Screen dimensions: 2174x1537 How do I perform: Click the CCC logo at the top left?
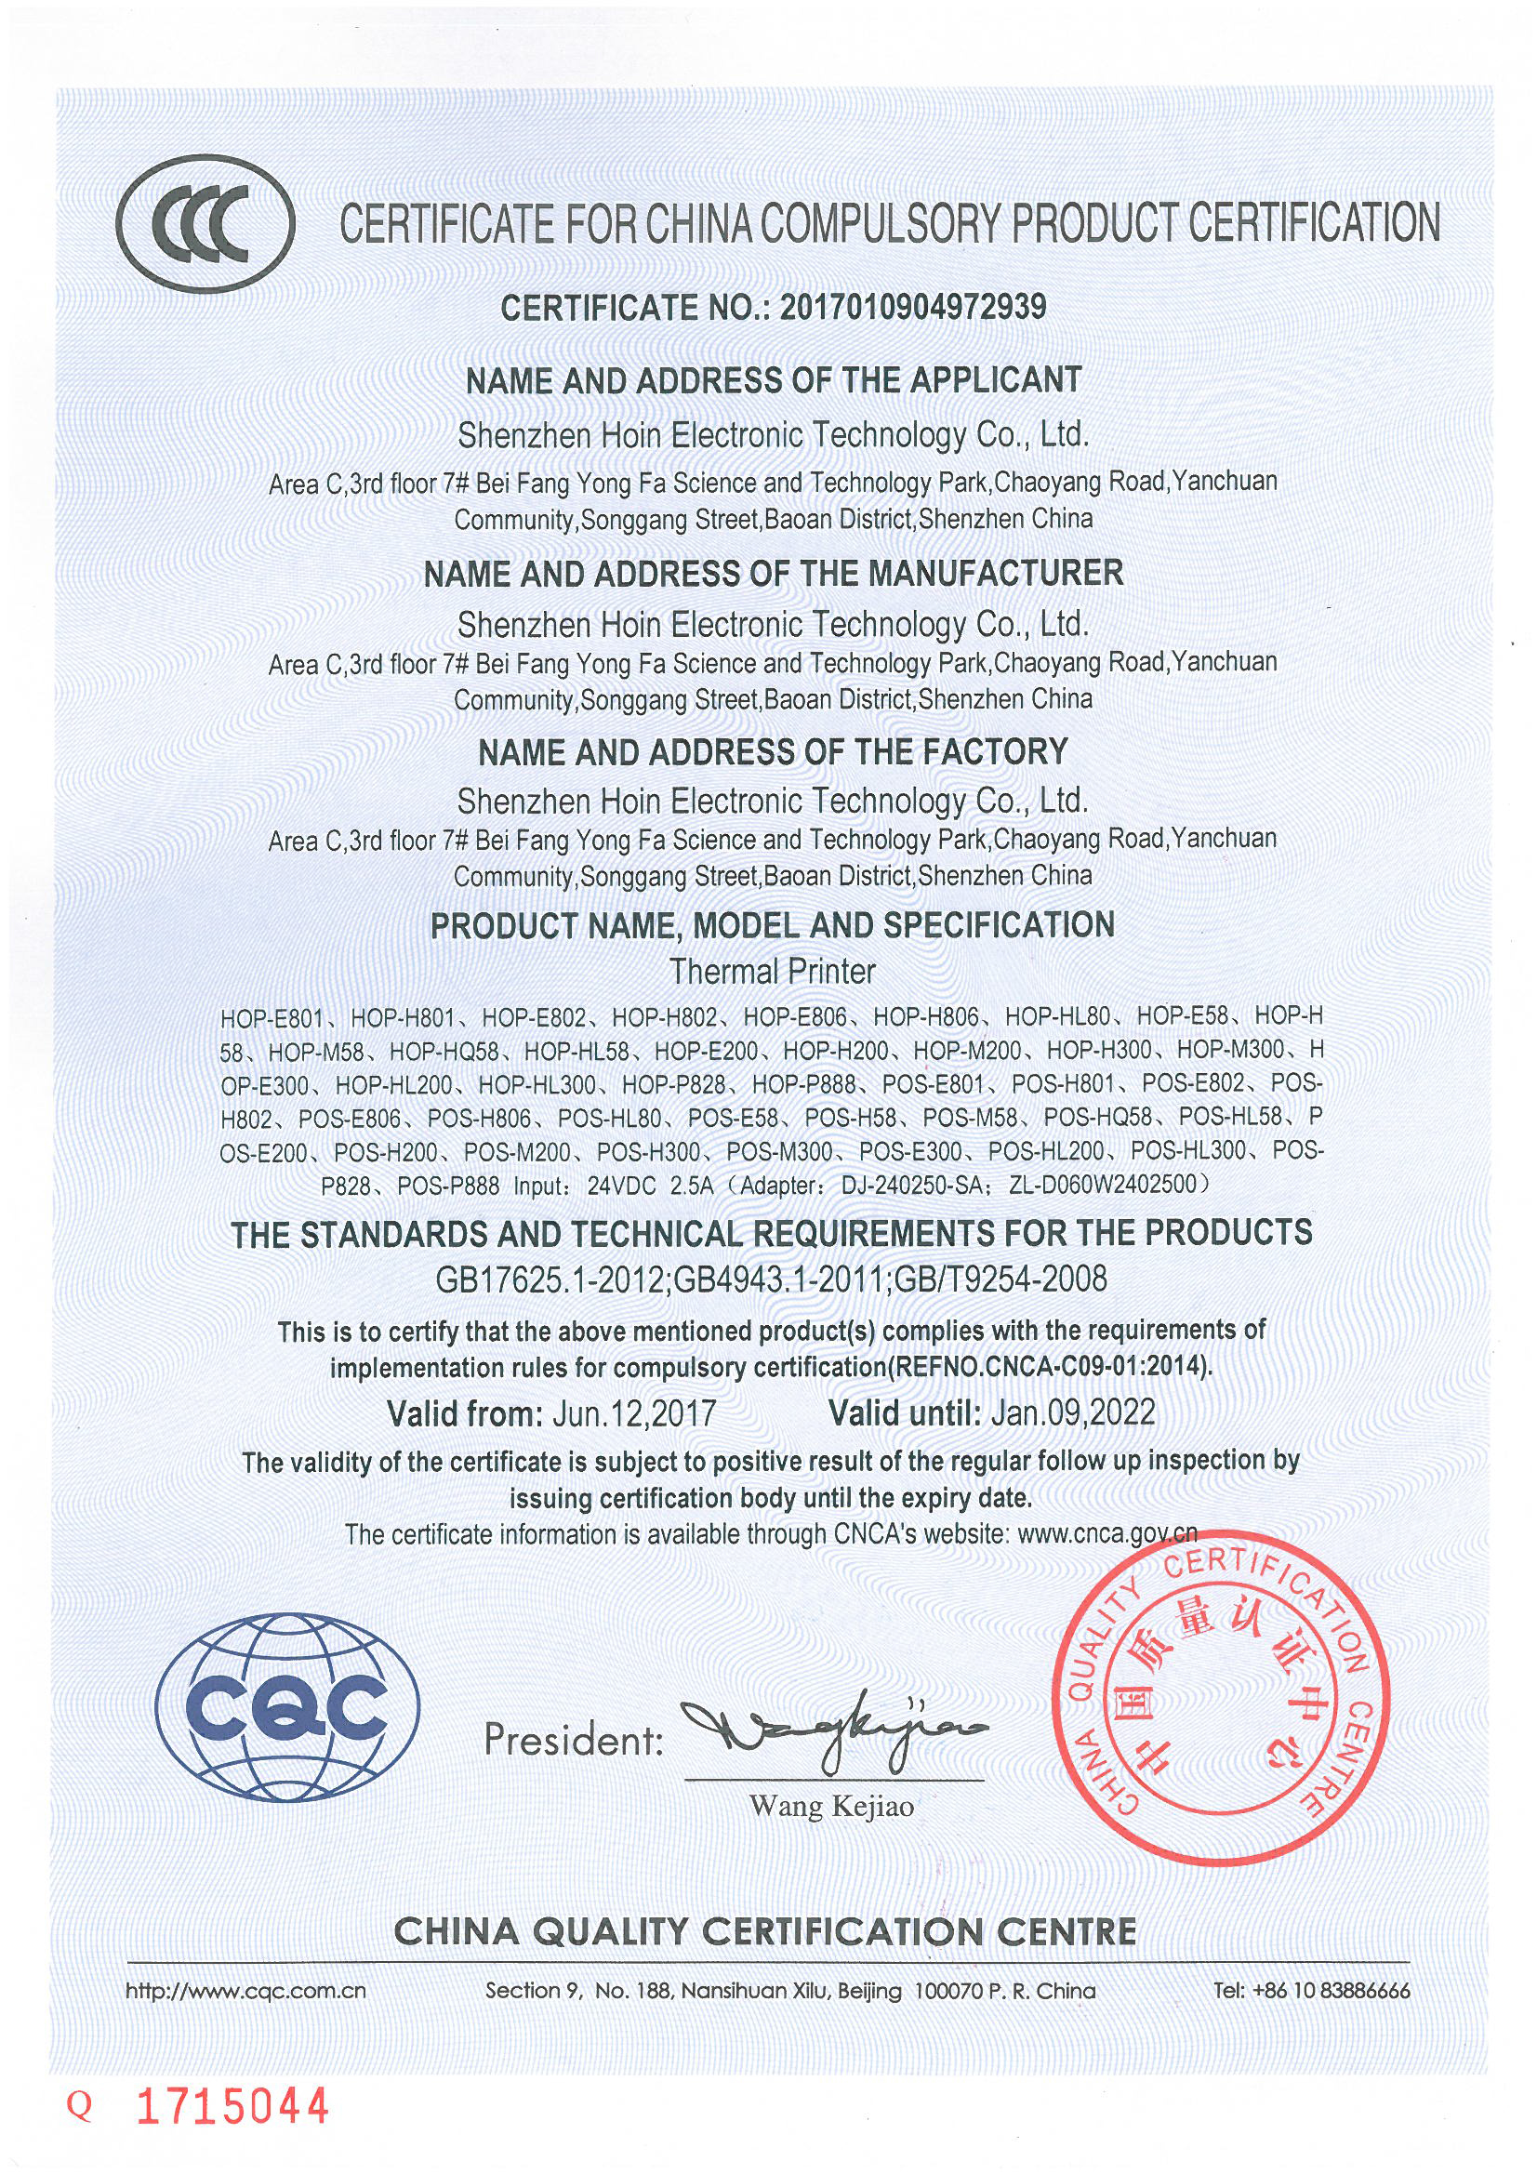[205, 222]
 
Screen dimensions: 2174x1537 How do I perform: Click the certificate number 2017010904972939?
[912, 308]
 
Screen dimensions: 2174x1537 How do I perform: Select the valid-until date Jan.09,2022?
[1072, 1412]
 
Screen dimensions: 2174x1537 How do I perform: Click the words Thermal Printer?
[772, 972]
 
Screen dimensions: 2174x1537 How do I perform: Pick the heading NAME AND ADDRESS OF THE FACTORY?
[772, 752]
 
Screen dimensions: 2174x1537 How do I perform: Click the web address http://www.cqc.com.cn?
[245, 1990]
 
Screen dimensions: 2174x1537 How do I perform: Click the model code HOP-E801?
[272, 1019]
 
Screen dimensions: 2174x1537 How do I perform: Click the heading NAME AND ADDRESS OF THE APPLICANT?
[772, 380]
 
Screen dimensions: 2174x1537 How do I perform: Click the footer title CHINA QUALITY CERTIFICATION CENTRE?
[764, 1929]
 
